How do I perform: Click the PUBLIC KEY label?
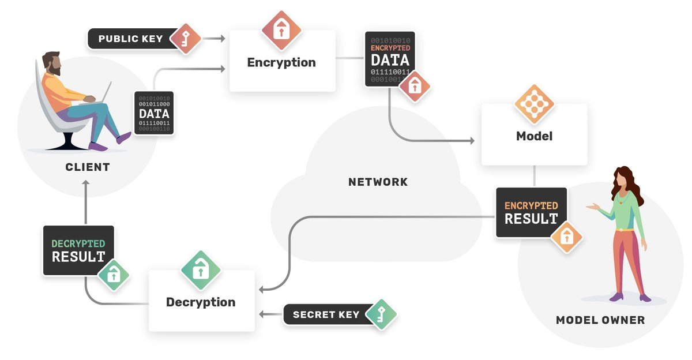[x=130, y=39]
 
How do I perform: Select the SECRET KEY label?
[x=326, y=315]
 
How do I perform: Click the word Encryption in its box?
[x=281, y=63]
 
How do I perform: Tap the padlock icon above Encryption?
[x=281, y=29]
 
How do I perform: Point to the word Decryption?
[x=201, y=302]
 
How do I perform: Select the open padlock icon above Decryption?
[x=201, y=269]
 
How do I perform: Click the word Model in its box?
[x=534, y=137]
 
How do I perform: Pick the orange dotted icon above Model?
[x=534, y=104]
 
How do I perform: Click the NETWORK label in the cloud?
[x=378, y=182]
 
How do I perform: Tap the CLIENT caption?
[x=88, y=168]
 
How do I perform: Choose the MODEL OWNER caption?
[x=600, y=320]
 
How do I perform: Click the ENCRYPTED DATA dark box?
[x=390, y=59]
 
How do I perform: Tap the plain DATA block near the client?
[x=154, y=112]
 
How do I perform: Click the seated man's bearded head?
[x=52, y=63]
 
